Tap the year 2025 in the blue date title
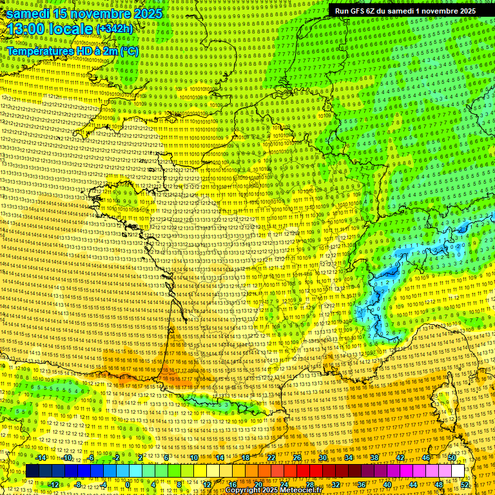click(x=146, y=14)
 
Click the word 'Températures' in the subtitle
click(x=39, y=51)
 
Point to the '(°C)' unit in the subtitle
click(x=128, y=51)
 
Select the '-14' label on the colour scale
click(x=42, y=458)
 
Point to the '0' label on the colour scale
click(x=128, y=484)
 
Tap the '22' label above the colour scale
click(x=271, y=458)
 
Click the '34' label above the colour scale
click(x=349, y=458)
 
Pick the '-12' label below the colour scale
click(x=55, y=484)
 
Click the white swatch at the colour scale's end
click(x=458, y=471)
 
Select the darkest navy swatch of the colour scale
click(x=32, y=471)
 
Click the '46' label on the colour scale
click(x=426, y=458)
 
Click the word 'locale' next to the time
click(x=72, y=29)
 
